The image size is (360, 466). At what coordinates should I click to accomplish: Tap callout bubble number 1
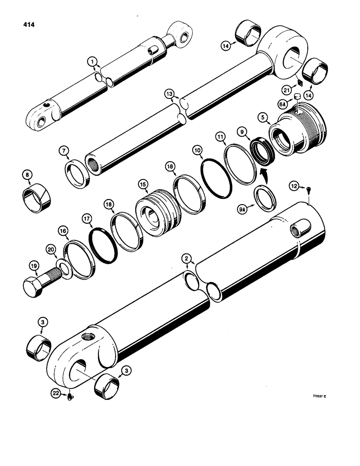(x=92, y=62)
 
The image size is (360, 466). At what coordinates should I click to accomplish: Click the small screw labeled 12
(x=310, y=189)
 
